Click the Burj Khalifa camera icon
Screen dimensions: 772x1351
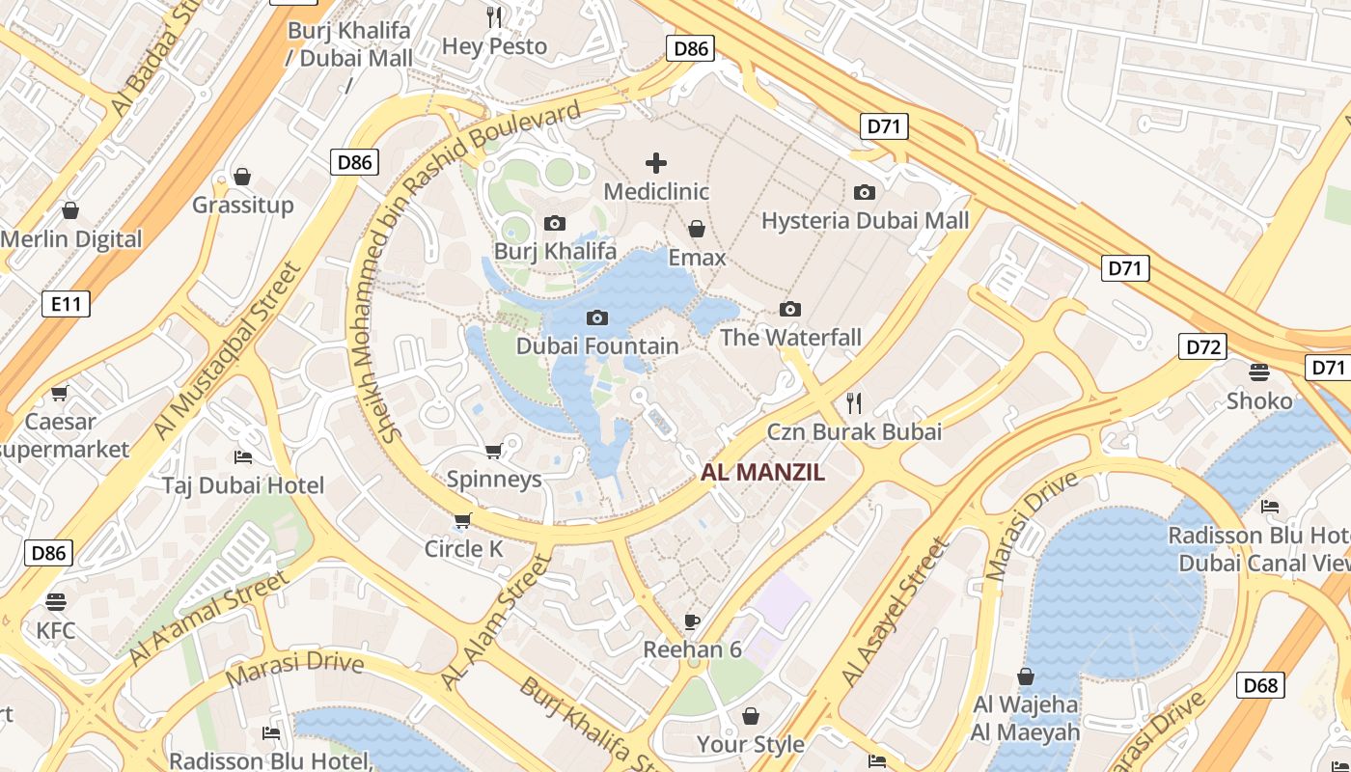click(554, 223)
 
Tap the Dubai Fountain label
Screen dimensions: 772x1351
click(597, 345)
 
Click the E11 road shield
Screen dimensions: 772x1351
click(66, 305)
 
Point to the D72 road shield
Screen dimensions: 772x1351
click(1203, 346)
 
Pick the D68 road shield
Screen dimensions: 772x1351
click(1260, 685)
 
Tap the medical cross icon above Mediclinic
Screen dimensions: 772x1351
click(656, 162)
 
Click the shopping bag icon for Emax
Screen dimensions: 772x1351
click(696, 229)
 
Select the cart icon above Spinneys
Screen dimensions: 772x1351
click(493, 451)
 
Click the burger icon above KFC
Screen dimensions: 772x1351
click(56, 602)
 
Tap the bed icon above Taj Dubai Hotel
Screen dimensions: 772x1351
click(243, 456)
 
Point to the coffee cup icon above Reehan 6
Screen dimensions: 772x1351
click(691, 620)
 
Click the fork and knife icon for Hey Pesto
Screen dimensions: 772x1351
click(494, 16)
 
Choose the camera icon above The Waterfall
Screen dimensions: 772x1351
click(790, 309)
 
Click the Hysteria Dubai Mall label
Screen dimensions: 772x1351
click(865, 221)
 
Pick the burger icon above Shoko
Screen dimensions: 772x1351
click(1258, 372)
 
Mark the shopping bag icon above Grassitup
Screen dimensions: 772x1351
click(242, 177)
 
